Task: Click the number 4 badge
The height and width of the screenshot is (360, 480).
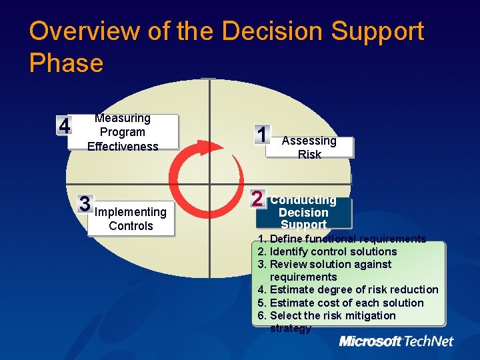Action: (x=64, y=126)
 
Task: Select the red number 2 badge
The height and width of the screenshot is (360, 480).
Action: (x=257, y=198)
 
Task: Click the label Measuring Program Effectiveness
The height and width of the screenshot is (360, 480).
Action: (x=123, y=132)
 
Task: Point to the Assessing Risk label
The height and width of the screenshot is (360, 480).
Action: (x=309, y=147)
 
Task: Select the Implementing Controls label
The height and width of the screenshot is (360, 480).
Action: (x=131, y=219)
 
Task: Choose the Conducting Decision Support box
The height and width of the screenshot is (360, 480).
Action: (x=303, y=213)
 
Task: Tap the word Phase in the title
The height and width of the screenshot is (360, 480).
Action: (x=67, y=63)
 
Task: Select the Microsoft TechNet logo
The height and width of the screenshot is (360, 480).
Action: (x=396, y=341)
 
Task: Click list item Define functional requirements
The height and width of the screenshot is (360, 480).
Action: (x=342, y=239)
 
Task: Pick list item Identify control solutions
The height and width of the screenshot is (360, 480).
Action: (x=327, y=251)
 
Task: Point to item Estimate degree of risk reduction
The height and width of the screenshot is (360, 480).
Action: (x=348, y=289)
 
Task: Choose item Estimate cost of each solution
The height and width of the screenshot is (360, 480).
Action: (x=341, y=303)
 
